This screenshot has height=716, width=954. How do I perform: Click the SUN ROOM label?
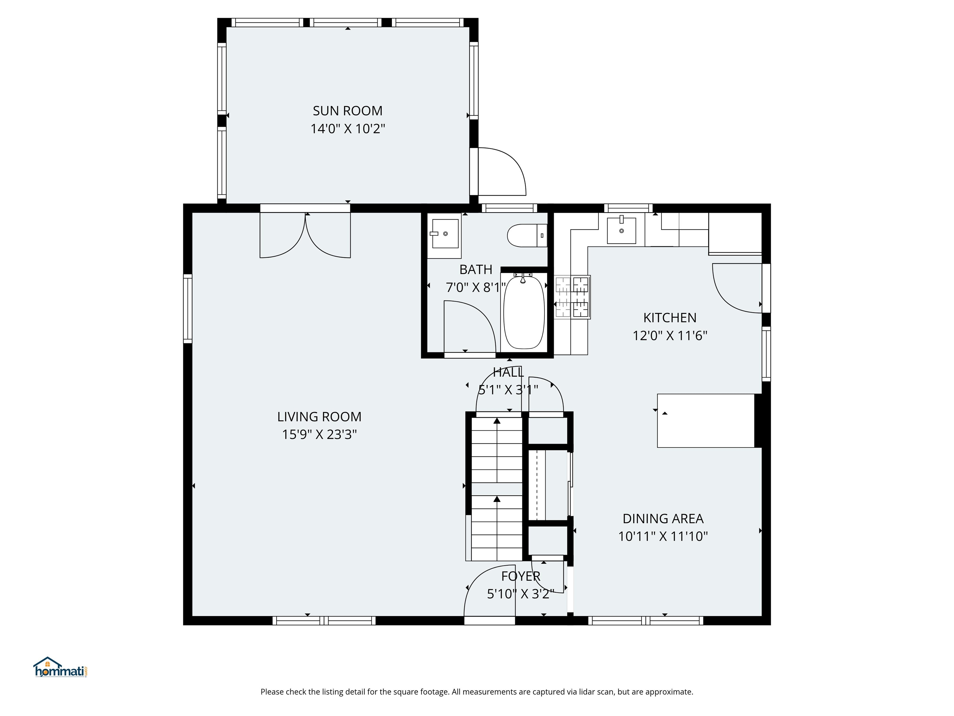coord(348,111)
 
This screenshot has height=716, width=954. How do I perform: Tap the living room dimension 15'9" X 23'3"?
coord(319,434)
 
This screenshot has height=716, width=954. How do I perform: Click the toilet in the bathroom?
coord(526,236)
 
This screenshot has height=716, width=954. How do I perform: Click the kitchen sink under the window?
coord(621,231)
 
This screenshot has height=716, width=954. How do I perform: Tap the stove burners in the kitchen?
coord(572,297)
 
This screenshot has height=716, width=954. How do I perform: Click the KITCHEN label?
coord(670,318)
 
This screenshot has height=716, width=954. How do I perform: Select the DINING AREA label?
coord(663,518)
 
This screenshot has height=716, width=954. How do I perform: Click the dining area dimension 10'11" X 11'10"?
coord(663,536)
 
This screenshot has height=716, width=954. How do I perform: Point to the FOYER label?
coord(520,576)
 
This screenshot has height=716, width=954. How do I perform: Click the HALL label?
coord(508,372)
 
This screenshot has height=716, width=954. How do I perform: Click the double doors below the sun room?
coord(305,235)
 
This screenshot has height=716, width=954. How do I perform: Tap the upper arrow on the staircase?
coord(497,421)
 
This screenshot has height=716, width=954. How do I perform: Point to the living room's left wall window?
coord(188,309)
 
